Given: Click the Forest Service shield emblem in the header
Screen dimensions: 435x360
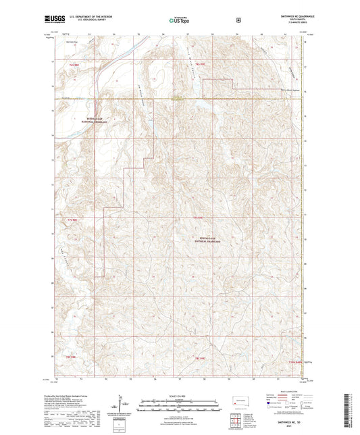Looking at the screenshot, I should click(x=238, y=20).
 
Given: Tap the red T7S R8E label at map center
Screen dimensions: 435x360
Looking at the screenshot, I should click(x=197, y=217).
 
